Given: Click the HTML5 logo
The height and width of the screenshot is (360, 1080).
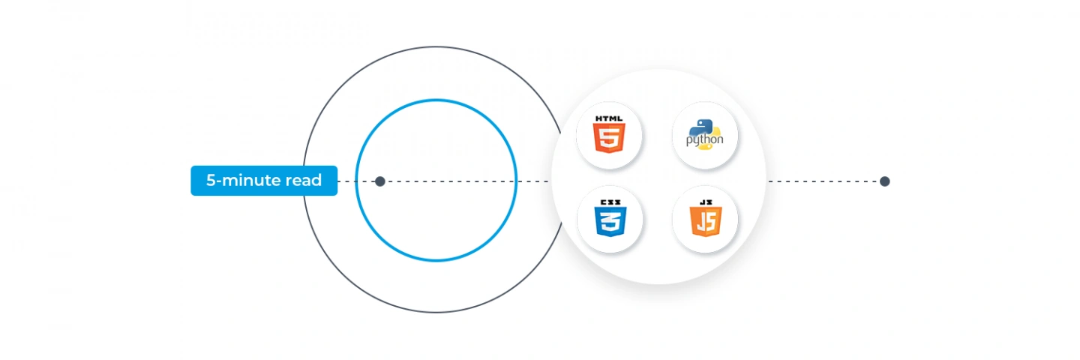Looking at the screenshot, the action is tap(609, 134).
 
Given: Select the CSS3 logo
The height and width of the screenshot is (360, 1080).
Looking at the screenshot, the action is tap(610, 218).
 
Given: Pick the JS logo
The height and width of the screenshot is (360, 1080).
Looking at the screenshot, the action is tap(705, 218).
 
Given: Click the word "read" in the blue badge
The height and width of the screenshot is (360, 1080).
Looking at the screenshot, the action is tap(303, 180).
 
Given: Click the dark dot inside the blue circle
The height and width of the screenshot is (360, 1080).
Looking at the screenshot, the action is tap(380, 181).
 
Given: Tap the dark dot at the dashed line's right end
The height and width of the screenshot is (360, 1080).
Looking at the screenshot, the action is tap(884, 181).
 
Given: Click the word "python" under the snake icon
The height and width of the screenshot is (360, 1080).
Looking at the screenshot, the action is tap(704, 139).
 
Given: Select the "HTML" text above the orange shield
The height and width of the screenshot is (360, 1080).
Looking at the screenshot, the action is tap(609, 118).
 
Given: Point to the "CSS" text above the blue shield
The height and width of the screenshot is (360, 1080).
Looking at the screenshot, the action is tap(610, 202).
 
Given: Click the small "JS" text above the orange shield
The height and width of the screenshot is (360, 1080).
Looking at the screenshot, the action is tap(705, 202).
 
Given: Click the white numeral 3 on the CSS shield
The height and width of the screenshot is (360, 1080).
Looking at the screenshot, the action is tap(610, 222).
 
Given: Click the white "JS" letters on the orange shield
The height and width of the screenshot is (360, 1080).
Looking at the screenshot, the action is tap(705, 222).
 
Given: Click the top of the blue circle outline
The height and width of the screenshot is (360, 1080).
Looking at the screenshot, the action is tap(436, 100).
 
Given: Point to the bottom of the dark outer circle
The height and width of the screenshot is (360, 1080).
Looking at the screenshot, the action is tap(436, 312).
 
